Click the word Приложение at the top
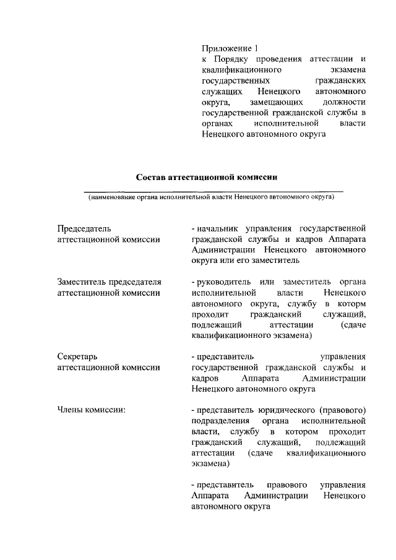[x=225, y=48]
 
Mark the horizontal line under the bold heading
[x=213, y=191]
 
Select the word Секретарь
[x=77, y=357]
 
